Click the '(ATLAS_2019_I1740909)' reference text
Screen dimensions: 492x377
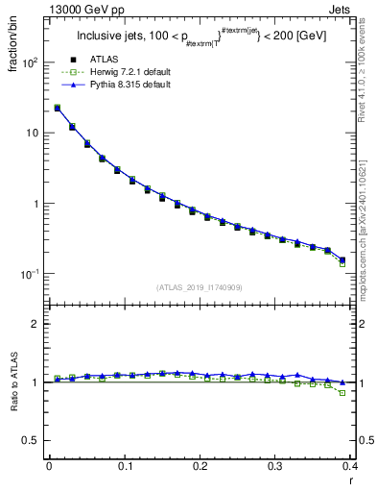199,287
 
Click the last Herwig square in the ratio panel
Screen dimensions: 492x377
342,393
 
